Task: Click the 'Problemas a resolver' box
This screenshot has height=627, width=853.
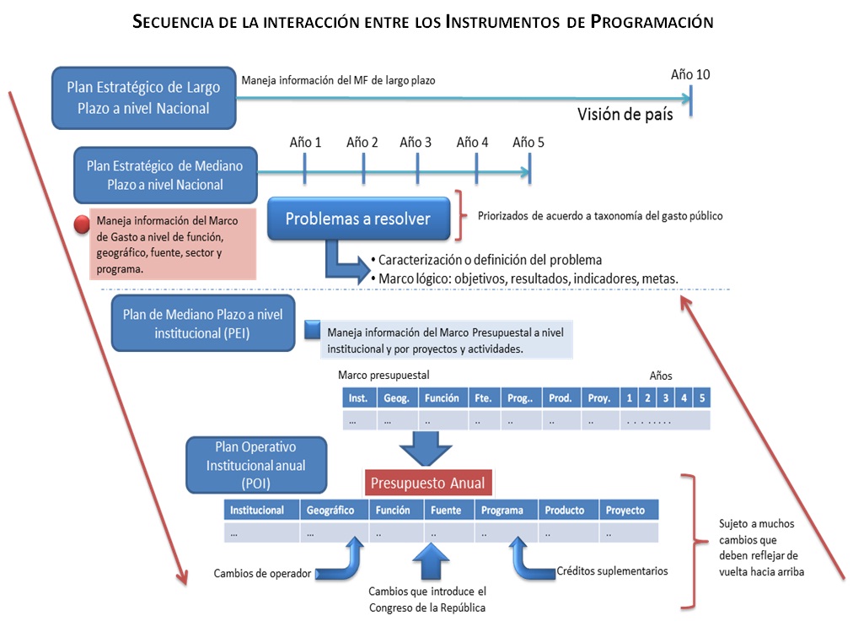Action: click(357, 219)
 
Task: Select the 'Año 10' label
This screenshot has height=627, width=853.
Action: click(689, 74)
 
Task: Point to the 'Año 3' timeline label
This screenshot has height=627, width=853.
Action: click(416, 142)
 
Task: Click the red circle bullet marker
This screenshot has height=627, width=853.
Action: click(83, 225)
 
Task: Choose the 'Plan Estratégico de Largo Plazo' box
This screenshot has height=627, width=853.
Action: click(143, 98)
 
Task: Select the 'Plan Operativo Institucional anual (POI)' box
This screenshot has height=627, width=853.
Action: click(256, 464)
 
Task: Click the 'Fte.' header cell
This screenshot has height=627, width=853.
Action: click(483, 397)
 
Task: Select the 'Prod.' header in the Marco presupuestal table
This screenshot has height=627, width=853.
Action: click(560, 397)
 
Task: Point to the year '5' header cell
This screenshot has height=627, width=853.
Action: click(702, 397)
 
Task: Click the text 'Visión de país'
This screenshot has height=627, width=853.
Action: click(625, 115)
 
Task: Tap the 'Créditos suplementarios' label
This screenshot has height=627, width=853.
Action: click(612, 571)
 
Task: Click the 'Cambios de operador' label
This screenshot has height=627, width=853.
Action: click(263, 575)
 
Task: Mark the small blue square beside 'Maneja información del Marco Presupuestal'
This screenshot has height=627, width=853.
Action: click(313, 329)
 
